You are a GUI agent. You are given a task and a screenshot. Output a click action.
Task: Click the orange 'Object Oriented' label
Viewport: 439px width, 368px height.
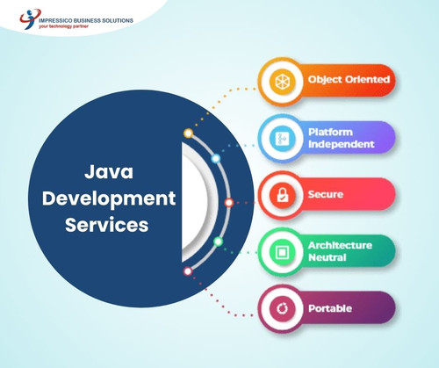coord(349,80)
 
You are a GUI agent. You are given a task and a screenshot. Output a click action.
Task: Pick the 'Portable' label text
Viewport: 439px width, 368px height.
coord(329,308)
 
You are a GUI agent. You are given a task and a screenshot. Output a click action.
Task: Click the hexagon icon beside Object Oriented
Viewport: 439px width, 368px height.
coord(282,80)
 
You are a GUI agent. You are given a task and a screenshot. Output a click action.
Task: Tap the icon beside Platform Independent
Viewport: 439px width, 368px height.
coord(282,137)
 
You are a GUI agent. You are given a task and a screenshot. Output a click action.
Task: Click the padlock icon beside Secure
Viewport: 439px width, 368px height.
coord(282,194)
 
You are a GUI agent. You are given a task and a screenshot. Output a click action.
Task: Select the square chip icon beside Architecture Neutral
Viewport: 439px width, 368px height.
coord(282,250)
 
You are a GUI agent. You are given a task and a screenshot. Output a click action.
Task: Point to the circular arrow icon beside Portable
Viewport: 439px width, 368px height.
coord(282,308)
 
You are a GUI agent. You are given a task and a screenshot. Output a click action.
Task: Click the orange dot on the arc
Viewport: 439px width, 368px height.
coord(188,133)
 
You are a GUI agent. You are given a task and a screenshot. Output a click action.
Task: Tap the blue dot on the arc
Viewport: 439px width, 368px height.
coord(216,159)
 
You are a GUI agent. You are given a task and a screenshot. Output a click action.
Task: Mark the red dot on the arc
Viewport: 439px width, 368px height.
coord(229,202)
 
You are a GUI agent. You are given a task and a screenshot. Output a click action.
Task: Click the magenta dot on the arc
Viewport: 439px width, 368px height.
coord(188,271)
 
